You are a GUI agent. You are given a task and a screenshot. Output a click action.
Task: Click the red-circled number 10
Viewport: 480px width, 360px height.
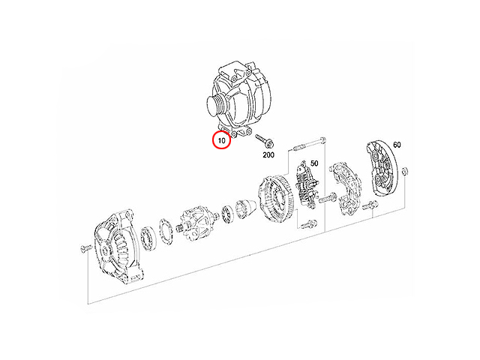pyautogui.click(x=222, y=140)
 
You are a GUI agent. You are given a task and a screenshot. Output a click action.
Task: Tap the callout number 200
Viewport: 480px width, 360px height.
pyautogui.click(x=268, y=155)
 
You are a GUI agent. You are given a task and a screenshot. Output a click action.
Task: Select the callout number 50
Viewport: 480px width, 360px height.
pyautogui.click(x=314, y=163)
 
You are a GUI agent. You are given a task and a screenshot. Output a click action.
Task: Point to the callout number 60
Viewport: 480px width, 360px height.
pyautogui.click(x=397, y=145)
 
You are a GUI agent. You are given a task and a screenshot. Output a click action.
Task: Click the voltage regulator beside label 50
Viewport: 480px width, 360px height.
pyautogui.click(x=307, y=184)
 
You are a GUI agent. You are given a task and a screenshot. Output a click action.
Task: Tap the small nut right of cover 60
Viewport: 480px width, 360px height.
pyautogui.click(x=405, y=172)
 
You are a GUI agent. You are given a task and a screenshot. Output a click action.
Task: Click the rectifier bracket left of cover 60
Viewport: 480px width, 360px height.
pyautogui.click(x=345, y=188)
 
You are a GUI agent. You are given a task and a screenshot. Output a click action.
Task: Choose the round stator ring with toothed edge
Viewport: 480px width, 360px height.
pyautogui.click(x=276, y=196)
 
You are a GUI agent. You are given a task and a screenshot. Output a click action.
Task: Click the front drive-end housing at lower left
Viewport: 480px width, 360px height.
pyautogui.click(x=118, y=247)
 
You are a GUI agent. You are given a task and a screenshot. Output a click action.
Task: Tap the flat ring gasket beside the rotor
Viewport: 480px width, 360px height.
pyautogui.click(x=166, y=231)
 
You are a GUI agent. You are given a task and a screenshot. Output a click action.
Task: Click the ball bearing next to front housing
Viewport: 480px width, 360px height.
pyautogui.click(x=149, y=238)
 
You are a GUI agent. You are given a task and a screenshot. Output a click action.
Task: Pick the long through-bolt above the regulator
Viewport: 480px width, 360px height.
pyautogui.click(x=308, y=144)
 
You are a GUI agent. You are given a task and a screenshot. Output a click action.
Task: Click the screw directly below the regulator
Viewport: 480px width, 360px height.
pyautogui.click(x=308, y=225)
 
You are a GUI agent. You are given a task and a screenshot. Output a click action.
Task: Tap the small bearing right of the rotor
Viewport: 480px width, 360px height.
pyautogui.click(x=228, y=214)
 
